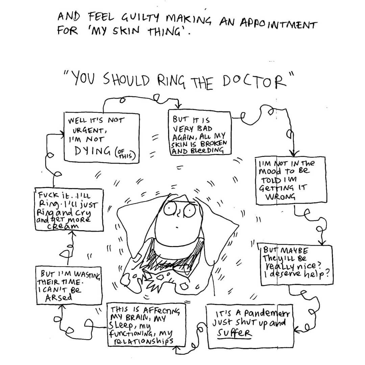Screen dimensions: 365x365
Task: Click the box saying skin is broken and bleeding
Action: (x=200, y=135)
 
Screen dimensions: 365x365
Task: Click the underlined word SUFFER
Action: (x=235, y=334)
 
